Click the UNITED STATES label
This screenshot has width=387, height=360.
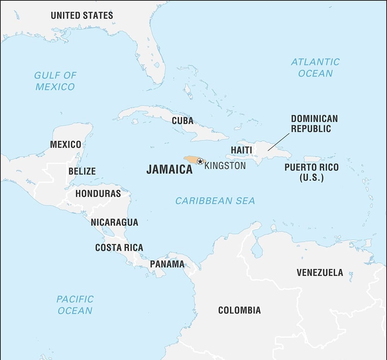82,15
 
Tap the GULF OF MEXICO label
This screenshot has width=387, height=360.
55,81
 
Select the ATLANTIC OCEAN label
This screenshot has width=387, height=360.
315,67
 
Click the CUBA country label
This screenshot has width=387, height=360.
182,121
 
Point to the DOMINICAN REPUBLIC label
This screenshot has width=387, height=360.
314,124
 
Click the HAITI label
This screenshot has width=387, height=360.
241,150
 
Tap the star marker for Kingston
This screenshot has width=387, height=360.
200,161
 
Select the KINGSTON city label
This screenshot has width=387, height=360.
225,166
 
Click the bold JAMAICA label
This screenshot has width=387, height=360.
169,169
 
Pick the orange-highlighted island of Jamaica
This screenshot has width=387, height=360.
192,159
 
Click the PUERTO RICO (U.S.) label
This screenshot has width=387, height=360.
311,172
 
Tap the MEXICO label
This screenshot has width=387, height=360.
65,145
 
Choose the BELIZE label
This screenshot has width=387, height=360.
82,171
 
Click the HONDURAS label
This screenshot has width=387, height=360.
98,193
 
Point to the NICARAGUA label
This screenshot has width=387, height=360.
114,222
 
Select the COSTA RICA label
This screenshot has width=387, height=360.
119,247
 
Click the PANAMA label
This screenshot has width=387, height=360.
167,264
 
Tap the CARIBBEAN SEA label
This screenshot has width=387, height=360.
215,201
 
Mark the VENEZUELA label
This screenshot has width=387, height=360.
320,273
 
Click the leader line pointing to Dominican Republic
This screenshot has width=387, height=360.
279,142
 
